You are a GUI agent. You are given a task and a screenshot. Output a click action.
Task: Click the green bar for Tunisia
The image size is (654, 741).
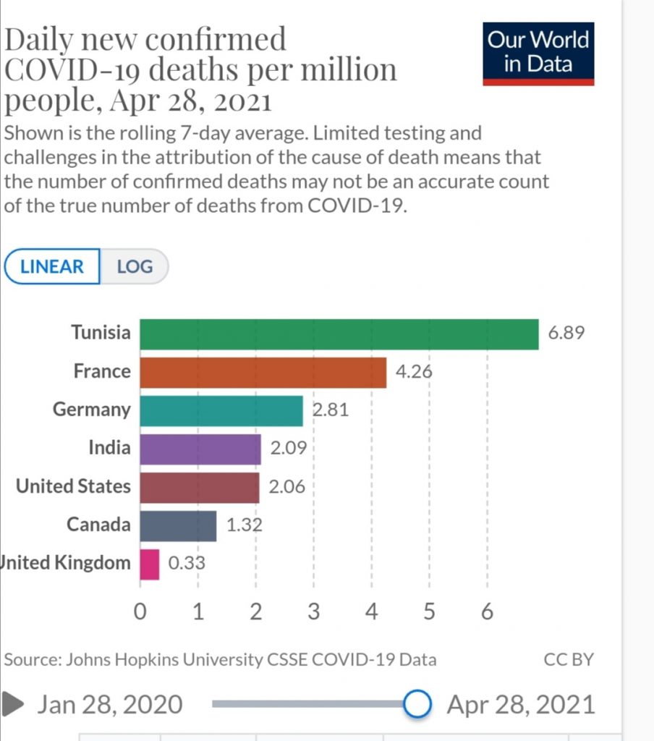click(339, 334)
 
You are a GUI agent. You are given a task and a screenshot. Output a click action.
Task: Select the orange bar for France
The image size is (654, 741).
click(263, 372)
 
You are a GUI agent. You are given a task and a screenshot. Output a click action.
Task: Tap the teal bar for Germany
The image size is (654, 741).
click(221, 410)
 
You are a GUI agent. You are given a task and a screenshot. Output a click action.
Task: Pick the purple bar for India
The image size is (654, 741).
click(200, 449)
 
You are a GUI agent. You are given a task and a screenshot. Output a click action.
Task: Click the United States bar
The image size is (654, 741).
click(199, 487)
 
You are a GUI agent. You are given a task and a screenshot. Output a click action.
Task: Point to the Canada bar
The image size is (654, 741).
click(178, 525)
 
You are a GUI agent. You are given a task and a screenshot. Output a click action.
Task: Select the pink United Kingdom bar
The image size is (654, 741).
click(150, 564)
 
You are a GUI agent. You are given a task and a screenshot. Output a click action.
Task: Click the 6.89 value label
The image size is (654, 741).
click(565, 334)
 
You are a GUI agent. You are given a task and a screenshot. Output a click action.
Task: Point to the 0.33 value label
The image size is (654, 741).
click(187, 564)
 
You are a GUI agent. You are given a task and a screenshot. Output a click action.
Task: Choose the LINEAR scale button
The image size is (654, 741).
click(52, 266)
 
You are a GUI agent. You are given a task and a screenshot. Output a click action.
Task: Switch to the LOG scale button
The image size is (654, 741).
click(135, 266)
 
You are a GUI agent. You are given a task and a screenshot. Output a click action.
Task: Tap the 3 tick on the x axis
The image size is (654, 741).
click(313, 613)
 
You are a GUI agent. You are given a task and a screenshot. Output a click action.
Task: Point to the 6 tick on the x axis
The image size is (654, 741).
click(487, 613)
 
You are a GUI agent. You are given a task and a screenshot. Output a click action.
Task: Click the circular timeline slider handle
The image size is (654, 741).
click(417, 703)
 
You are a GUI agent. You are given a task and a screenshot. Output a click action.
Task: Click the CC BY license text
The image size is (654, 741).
click(568, 659)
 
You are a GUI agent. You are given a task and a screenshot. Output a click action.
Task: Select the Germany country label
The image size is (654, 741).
click(92, 410)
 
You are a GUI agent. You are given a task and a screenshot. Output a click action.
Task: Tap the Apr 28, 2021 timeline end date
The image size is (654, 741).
click(521, 704)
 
